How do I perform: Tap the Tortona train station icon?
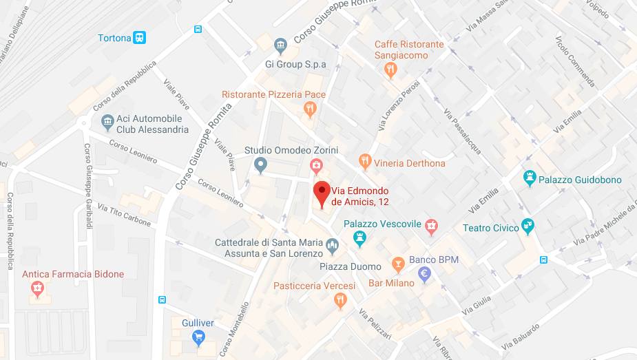140,38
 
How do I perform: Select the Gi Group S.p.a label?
295,65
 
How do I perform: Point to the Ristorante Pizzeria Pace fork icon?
310,108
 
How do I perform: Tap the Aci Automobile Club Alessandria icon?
107,123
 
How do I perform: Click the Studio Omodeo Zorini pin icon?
260,165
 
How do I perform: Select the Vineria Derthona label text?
410,163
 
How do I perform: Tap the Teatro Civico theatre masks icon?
528,224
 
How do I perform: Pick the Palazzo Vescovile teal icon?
359,239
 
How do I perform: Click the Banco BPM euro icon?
426,274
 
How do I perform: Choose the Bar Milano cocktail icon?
397,264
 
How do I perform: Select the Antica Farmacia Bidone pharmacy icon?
37,289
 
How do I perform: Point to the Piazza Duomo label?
351,266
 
